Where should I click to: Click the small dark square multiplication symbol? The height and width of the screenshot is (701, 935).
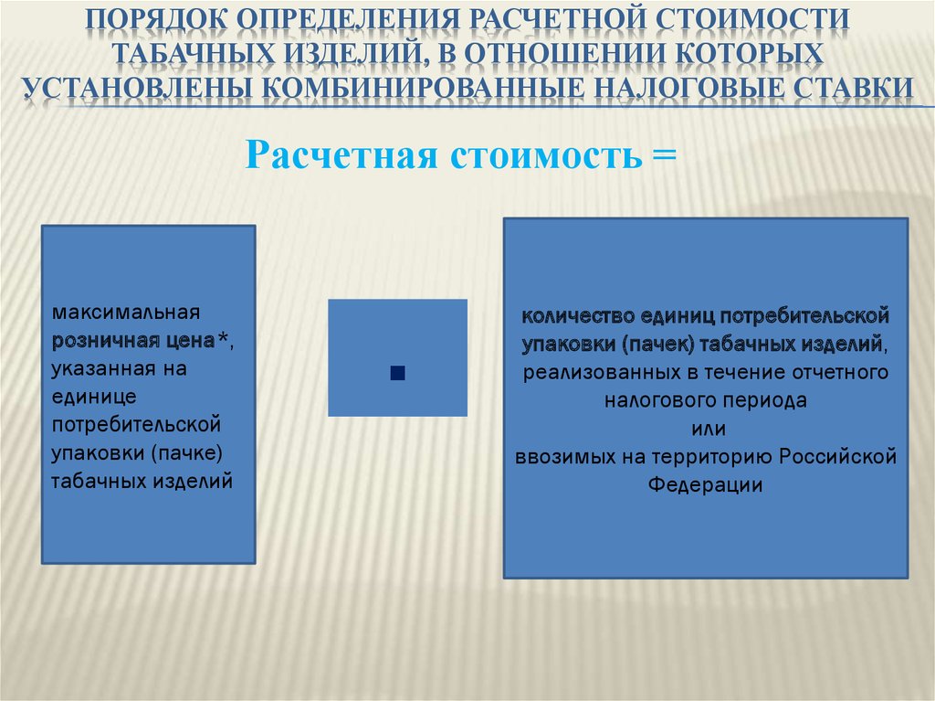click(397, 373)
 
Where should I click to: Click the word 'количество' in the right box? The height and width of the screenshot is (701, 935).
click(569, 317)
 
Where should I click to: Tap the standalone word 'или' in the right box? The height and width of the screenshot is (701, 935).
click(705, 429)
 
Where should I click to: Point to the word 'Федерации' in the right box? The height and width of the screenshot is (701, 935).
click(705, 485)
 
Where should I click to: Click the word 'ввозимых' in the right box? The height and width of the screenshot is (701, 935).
click(552, 457)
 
